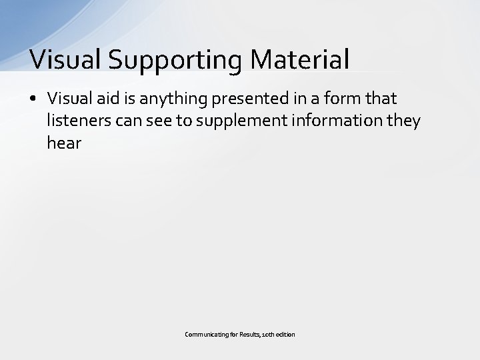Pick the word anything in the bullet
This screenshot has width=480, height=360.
(x=160, y=99)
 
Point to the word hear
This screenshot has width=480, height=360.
(x=63, y=143)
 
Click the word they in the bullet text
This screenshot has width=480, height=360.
(x=407, y=121)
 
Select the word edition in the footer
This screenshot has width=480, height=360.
(x=286, y=333)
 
